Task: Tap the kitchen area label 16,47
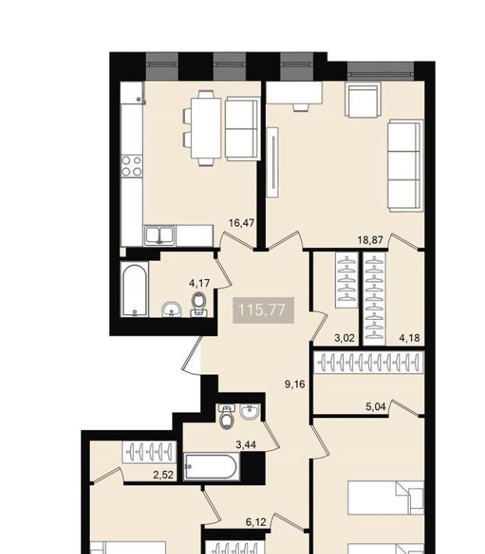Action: point(242,223)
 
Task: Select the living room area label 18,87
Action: point(370,240)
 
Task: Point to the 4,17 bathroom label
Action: point(200,283)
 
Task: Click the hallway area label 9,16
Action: point(295,384)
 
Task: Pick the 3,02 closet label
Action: point(345,338)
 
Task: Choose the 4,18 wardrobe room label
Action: point(409,338)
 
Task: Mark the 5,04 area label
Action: point(376,407)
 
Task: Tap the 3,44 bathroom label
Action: point(246,445)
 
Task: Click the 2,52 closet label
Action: point(164,475)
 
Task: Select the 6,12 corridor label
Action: point(256,522)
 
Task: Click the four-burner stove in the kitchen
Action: point(132,166)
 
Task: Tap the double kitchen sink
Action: point(160,236)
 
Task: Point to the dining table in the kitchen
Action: point(206,128)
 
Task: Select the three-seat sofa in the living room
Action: point(405,165)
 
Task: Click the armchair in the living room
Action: point(363,100)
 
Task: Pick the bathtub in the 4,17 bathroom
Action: point(134,289)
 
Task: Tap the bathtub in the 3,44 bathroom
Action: point(211,467)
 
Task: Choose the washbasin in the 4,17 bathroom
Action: point(172,310)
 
